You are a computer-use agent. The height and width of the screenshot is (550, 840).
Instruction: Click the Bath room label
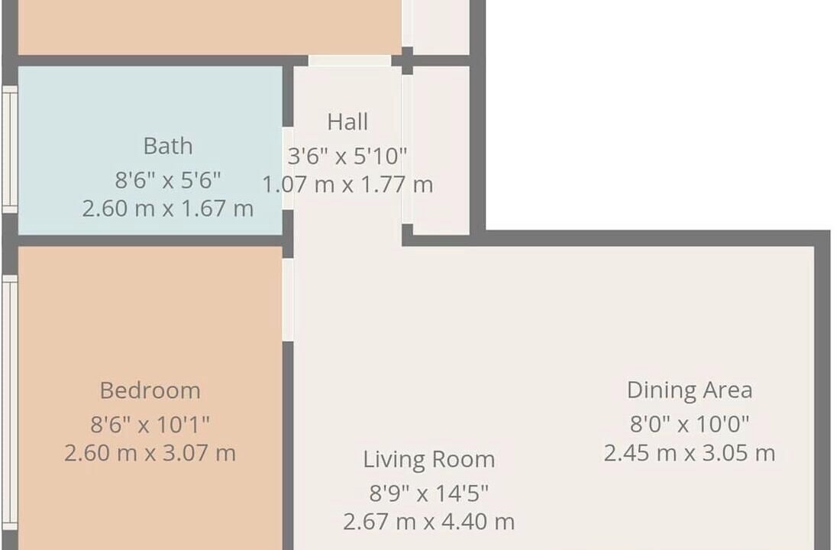coord(168,147)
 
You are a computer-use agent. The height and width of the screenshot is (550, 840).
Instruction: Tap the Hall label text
coord(347,121)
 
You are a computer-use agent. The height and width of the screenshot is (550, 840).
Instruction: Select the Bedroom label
coord(150,390)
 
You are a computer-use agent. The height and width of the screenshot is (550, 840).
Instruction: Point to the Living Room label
coord(428,460)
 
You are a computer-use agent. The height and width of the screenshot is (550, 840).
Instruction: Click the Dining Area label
coord(690,390)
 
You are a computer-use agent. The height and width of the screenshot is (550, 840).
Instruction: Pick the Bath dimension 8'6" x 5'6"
coord(168,180)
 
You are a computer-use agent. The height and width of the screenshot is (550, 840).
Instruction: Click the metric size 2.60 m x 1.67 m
coord(168,209)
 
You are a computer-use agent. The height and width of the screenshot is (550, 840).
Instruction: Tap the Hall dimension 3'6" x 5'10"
coord(347,156)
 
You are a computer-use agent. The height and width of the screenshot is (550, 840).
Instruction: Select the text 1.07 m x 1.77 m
coord(347,185)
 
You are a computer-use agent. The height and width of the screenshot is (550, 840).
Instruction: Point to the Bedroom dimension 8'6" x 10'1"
coord(150,425)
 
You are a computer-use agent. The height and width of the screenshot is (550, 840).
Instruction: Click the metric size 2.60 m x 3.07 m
coord(150,453)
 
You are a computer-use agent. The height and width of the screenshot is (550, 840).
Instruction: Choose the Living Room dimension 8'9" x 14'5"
coord(428,493)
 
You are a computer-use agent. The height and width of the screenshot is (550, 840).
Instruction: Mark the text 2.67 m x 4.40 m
coord(428,522)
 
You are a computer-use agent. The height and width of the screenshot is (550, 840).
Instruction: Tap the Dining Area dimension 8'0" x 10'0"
coord(690,424)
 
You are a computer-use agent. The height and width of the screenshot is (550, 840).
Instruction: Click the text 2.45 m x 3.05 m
coord(690,453)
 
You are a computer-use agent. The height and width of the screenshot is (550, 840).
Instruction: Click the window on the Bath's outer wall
coord(10,149)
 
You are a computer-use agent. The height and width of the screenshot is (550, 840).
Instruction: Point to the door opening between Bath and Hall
coord(288,168)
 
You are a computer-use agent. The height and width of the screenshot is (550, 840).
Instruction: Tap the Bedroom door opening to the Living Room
coord(288,299)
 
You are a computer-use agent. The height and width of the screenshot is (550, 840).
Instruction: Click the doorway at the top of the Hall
coord(350,60)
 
